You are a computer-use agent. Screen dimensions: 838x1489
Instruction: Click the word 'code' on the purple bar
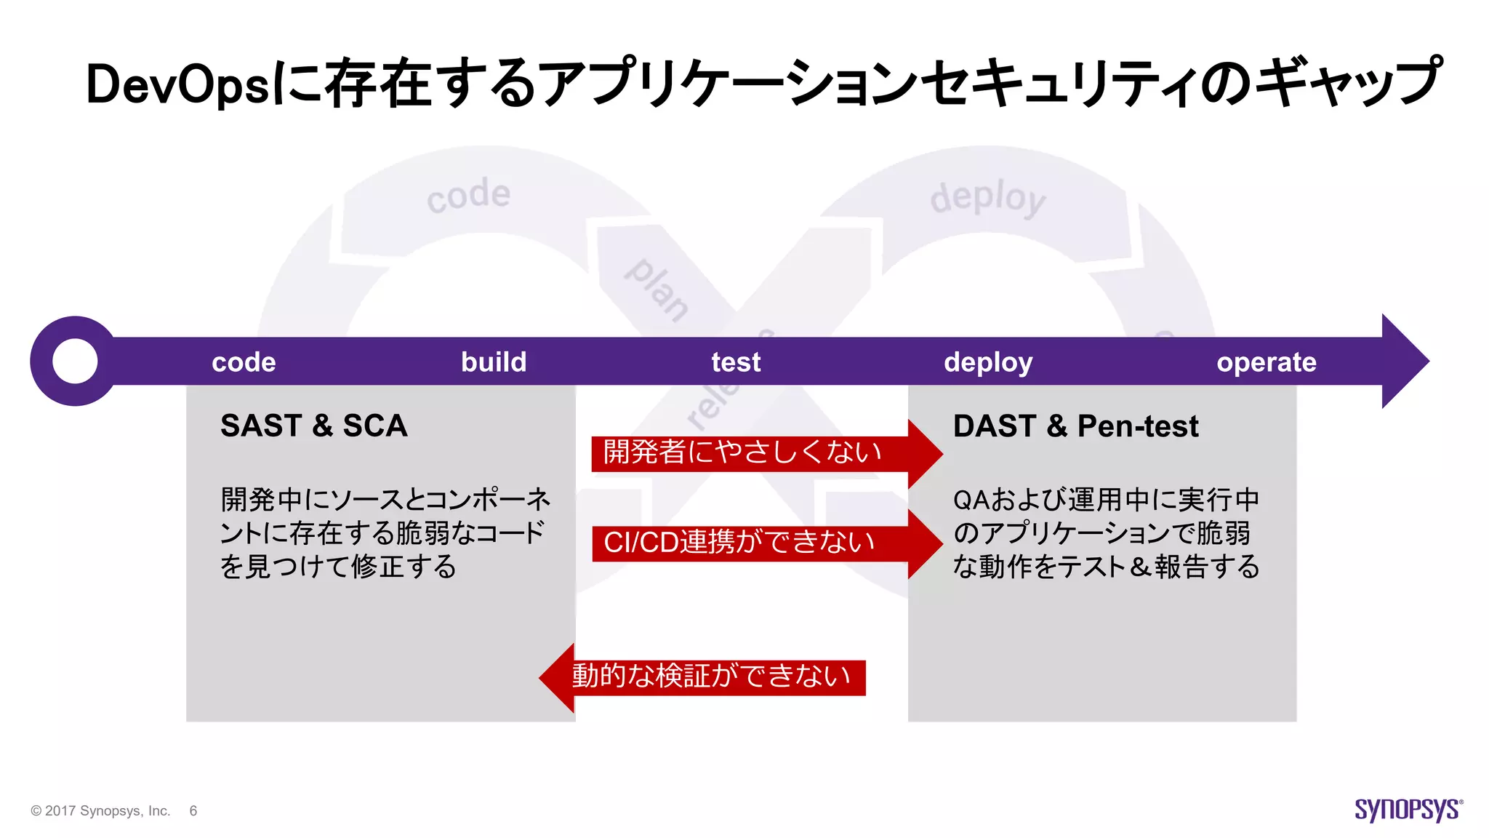click(244, 362)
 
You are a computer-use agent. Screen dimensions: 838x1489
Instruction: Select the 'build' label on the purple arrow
click(494, 362)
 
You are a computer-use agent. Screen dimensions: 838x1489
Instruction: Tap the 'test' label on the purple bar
click(736, 362)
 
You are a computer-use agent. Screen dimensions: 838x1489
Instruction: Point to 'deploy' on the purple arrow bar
click(988, 362)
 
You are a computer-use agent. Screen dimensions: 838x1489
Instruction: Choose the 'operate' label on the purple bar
click(1267, 362)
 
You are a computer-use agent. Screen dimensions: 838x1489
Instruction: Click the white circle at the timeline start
click(76, 361)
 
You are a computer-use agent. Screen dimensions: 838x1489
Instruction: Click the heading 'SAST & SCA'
click(313, 426)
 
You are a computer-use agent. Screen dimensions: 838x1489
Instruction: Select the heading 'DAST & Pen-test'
click(1075, 426)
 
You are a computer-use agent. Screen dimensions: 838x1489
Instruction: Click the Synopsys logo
click(1408, 810)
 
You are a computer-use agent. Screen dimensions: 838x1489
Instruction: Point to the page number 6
click(193, 811)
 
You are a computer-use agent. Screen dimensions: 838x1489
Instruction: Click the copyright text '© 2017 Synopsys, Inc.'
click(100, 811)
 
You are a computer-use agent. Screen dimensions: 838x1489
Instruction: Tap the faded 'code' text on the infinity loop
click(469, 195)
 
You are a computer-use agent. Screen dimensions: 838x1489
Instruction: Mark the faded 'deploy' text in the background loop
click(988, 198)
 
